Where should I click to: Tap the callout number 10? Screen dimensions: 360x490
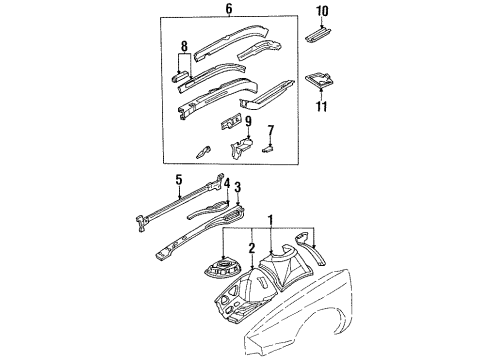(322, 11)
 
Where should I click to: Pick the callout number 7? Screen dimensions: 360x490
(269, 130)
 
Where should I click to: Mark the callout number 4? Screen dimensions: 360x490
(227, 183)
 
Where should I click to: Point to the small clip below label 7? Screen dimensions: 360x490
(267, 147)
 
